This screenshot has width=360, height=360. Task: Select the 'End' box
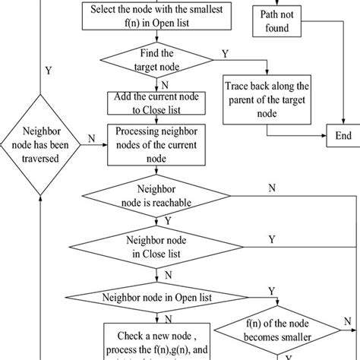343,137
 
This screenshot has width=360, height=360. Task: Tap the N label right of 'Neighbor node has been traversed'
91,137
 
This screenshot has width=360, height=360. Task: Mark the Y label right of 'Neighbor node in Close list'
271,239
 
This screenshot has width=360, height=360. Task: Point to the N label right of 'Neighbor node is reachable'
271,188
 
